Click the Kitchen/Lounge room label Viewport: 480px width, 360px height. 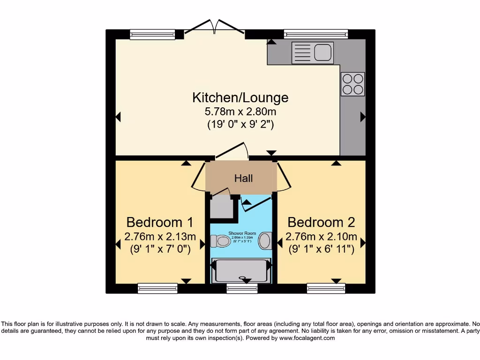click(x=240, y=97)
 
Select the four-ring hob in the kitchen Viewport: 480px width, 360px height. click(x=352, y=84)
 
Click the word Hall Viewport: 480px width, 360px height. click(x=244, y=178)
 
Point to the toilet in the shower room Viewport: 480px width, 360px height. click(x=220, y=241)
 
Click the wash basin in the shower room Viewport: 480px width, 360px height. click(x=265, y=241)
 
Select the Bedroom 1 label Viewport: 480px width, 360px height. click(x=160, y=222)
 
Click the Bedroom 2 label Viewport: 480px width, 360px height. click(x=322, y=222)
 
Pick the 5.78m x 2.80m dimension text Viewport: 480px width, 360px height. click(x=240, y=112)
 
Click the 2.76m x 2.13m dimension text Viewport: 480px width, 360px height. click(x=160, y=236)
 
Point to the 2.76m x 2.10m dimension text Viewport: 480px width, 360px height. click(x=322, y=236)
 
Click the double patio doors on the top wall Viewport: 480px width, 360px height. click(x=215, y=28)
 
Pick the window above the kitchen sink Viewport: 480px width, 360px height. click(x=315, y=34)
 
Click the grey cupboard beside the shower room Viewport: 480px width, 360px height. click(x=222, y=207)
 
